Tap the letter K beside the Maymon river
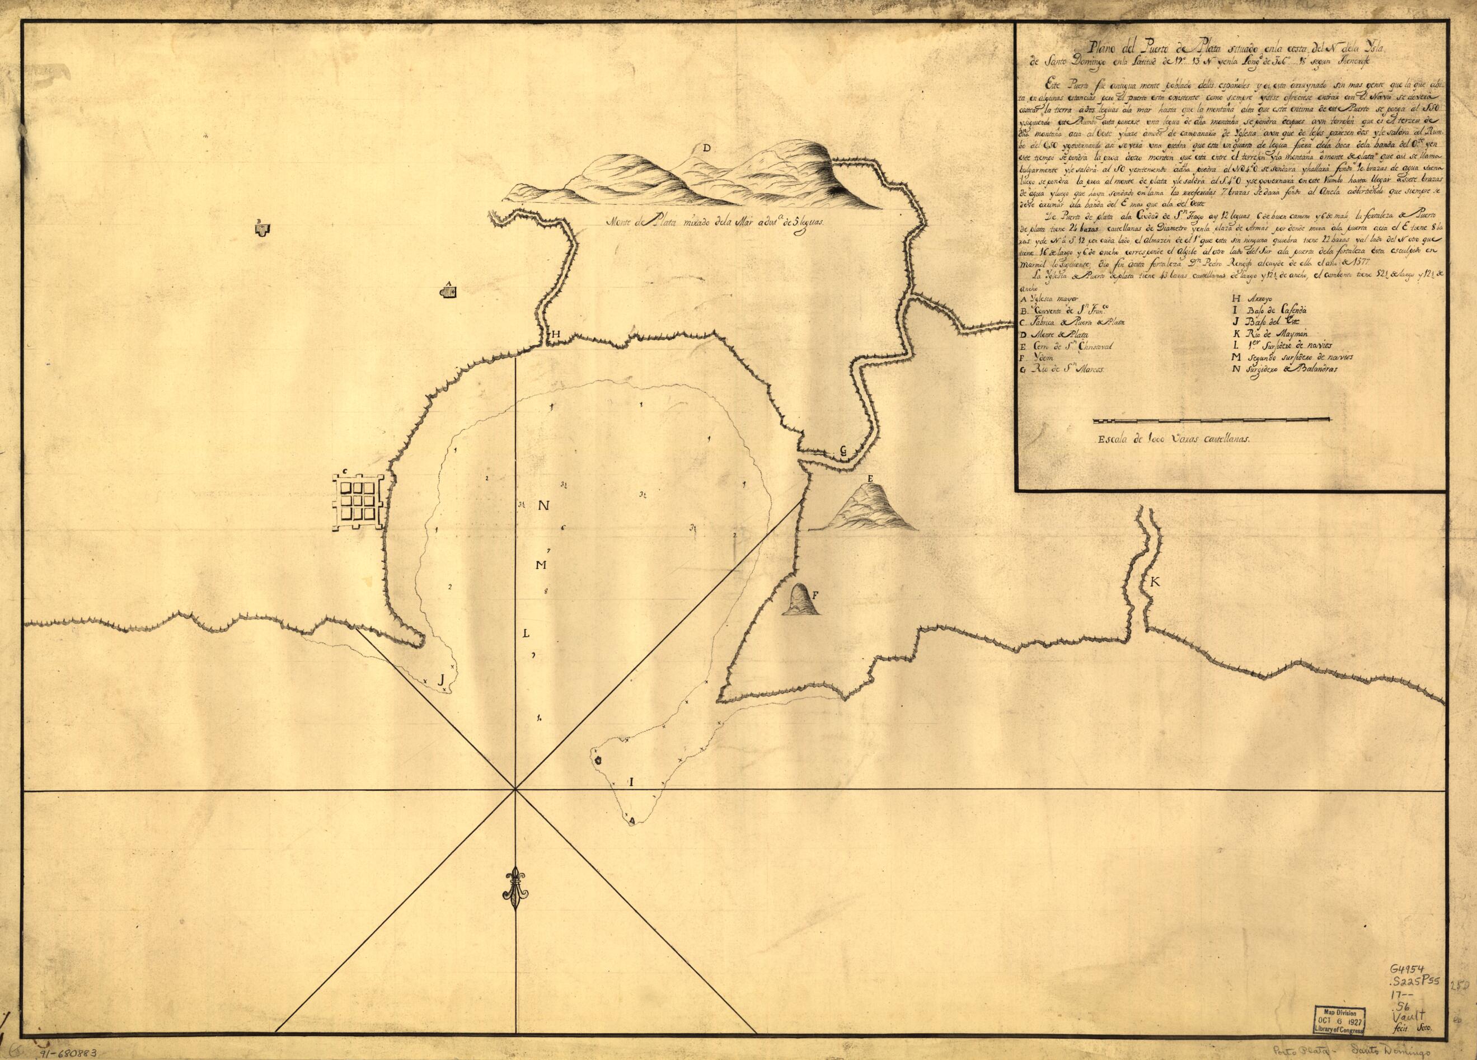pos(1155,583)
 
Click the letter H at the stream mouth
pos(556,334)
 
